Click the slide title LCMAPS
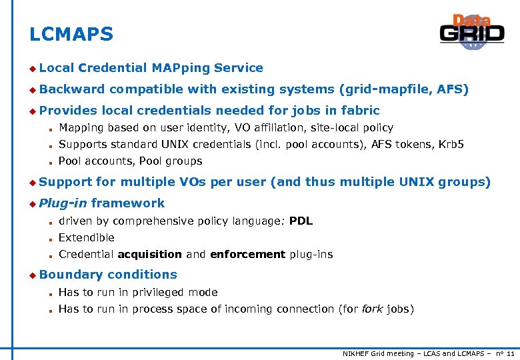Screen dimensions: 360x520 pyautogui.click(x=71, y=34)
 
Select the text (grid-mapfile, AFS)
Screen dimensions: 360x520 pyautogui.click(x=404, y=89)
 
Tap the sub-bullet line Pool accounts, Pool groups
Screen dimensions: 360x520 pyautogui.click(x=130, y=161)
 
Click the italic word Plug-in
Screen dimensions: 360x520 pyautogui.click(x=63, y=203)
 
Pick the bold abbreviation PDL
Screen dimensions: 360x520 pyautogui.click(x=301, y=221)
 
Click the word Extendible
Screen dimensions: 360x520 pyautogui.click(x=87, y=237)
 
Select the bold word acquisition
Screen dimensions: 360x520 pyautogui.click(x=149, y=254)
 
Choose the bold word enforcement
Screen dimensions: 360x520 pyautogui.click(x=247, y=254)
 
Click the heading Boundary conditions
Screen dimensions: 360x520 pyautogui.click(x=108, y=274)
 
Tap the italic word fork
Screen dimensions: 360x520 pyautogui.click(x=373, y=309)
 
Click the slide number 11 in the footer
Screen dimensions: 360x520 pyautogui.click(x=510, y=352)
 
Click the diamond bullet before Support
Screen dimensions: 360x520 pyautogui.click(x=32, y=182)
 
